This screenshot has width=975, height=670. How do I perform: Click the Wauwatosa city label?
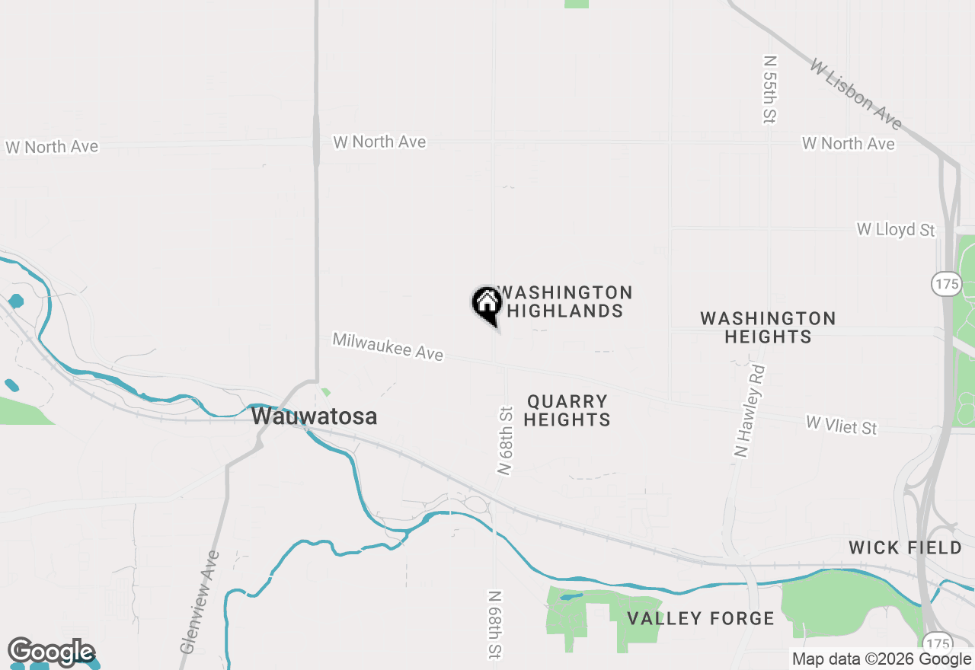pos(314,416)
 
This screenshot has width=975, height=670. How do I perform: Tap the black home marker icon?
pos(487,304)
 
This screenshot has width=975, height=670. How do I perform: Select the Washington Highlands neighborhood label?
pos(564,301)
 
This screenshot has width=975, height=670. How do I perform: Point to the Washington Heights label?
pos(768,327)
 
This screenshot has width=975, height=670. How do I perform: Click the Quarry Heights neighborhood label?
pos(567,410)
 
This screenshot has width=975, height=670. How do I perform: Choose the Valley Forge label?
pos(701,618)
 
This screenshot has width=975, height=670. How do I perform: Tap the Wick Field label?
pos(905,547)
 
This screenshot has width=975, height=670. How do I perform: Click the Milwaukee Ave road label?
pos(388,346)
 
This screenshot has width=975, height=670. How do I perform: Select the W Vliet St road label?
pos(842,425)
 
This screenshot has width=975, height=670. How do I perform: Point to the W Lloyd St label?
pos(896,229)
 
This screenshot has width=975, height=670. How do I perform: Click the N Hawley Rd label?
pos(750,410)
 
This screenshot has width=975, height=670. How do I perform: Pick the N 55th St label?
pos(770,88)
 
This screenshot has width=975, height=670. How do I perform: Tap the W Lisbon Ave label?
pos(855,94)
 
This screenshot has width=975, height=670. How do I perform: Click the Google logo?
pos(51,652)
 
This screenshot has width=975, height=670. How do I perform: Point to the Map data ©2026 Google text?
pos(881,659)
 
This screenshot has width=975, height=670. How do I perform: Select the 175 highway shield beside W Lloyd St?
pos(946,284)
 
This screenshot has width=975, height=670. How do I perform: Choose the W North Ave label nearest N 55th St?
pos(848,143)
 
